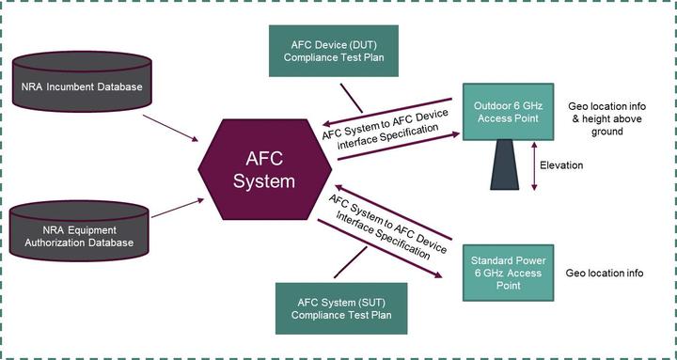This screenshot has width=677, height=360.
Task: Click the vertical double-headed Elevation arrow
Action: (x=534, y=166)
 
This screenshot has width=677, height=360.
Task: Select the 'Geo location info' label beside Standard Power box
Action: (x=605, y=274)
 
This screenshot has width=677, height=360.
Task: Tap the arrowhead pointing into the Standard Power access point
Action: (x=437, y=274)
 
